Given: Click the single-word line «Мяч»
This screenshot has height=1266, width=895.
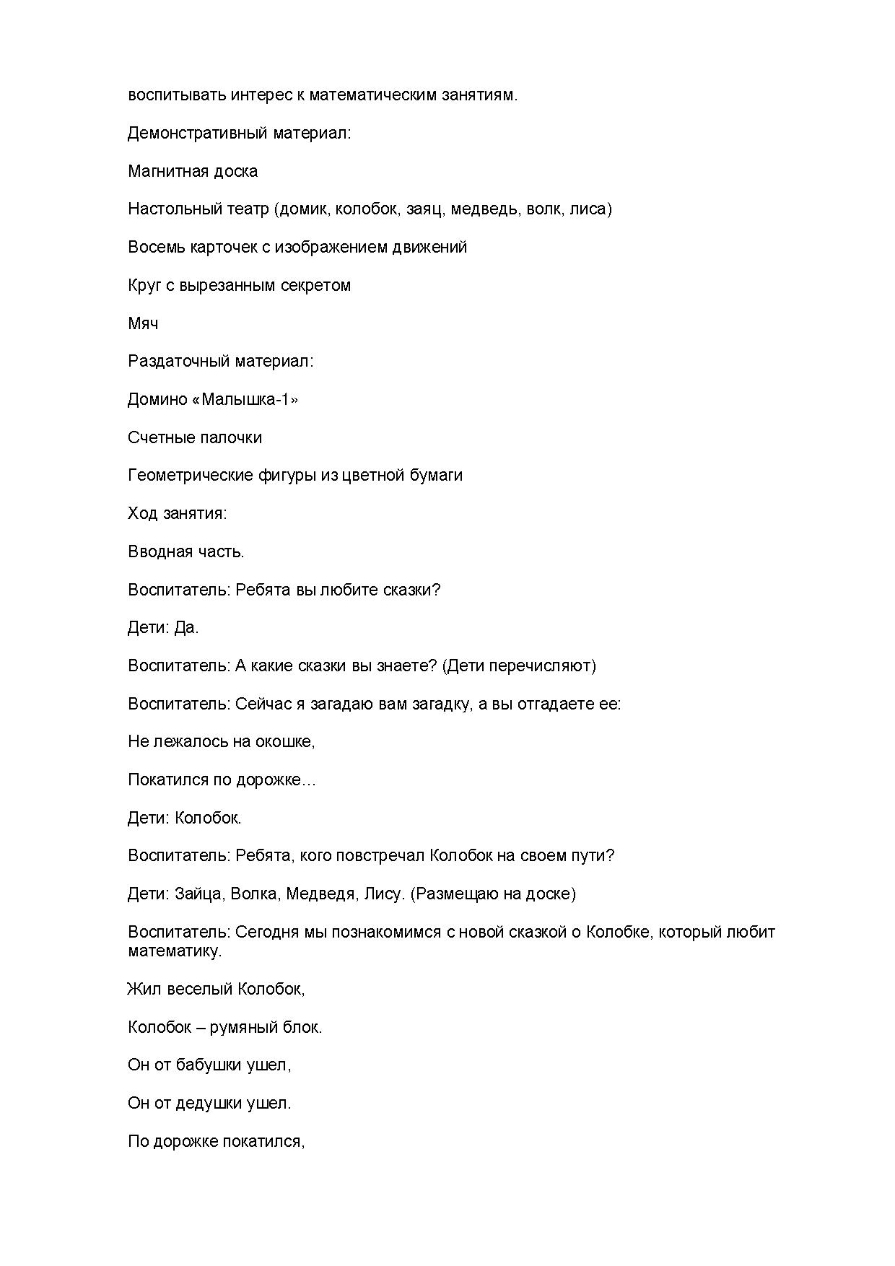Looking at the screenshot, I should (143, 323).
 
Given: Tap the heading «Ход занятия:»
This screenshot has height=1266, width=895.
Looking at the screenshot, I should (177, 513).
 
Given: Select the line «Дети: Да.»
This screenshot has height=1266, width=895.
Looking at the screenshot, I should (163, 628).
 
